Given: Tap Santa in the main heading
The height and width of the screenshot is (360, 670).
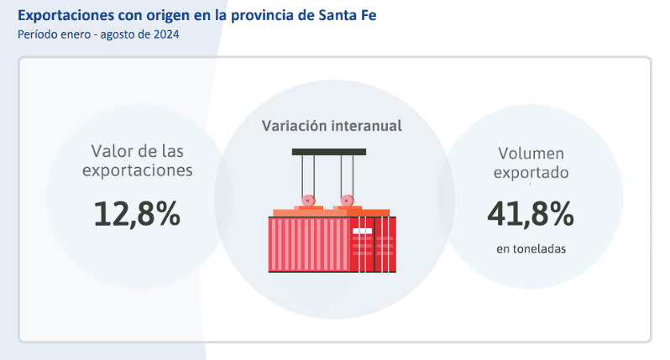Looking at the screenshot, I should point(323,16).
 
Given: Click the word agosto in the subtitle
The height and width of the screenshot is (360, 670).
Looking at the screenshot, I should point(114,34).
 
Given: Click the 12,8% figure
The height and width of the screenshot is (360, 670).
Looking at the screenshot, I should point(137,214).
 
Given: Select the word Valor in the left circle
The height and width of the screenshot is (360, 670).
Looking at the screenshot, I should point(113,151).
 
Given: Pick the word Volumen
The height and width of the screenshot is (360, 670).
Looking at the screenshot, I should point(531,154).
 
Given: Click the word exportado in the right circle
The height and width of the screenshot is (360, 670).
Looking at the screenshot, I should point(531,174).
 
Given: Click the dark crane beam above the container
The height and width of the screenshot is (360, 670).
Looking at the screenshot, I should point(329,152).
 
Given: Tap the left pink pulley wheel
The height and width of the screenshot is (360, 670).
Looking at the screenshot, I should point(309,201).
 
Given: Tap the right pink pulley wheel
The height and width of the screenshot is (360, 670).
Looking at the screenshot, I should point(344,201).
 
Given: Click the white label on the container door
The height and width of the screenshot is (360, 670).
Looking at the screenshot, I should point(362,231).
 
